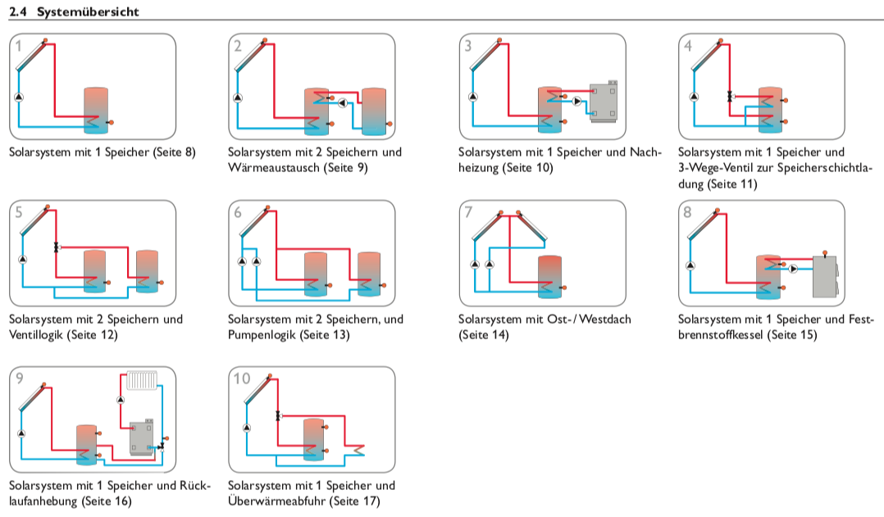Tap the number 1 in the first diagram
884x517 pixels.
pos(20,46)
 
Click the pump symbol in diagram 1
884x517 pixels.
pos(18,98)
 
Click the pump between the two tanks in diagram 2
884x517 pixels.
pos(343,102)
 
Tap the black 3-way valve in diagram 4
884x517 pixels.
pos(729,97)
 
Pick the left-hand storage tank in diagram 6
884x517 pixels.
pos(316,274)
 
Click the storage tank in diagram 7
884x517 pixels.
pos(549,275)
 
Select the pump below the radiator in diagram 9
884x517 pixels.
pos(121,399)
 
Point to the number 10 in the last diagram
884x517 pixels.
pos(243,379)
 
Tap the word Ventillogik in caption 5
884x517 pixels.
pos(35,334)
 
